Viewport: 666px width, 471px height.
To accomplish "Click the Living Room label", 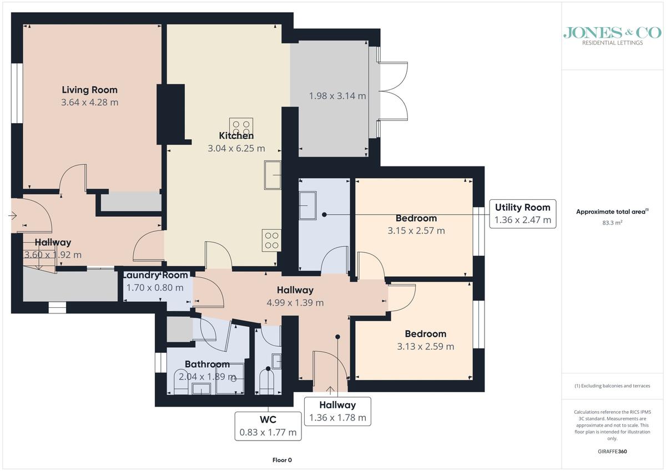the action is point(89,90).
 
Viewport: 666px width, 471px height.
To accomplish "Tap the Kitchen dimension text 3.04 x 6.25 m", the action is point(236,148).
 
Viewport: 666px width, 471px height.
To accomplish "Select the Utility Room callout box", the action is point(523,214).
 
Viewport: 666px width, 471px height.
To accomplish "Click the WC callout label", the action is point(268,419).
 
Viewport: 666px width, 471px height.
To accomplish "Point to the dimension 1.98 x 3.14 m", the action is point(337,95).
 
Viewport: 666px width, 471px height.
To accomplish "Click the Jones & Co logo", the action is point(612,36).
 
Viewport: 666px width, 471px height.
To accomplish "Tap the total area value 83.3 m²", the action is point(612,222).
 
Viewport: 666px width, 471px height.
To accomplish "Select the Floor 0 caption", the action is point(282,460).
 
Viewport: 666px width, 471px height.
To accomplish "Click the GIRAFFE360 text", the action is point(612,452).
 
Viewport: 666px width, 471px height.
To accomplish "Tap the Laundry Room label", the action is point(155,275).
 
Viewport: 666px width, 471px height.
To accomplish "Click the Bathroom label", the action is point(207,364).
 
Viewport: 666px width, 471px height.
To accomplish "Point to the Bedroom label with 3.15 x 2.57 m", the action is point(416,218).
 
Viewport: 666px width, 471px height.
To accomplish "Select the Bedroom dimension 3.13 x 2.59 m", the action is point(426,347).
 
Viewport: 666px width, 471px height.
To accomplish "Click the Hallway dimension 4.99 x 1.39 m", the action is point(295,302).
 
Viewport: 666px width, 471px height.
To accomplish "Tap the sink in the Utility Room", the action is point(307,205).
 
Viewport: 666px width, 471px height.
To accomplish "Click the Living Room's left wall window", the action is point(17,93).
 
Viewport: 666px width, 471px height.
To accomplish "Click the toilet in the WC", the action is point(267,382).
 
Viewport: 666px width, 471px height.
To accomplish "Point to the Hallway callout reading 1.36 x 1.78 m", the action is point(337,411).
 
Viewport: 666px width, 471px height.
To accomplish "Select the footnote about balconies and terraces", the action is point(612,386).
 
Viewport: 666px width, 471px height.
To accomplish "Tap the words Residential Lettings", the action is point(612,43).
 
